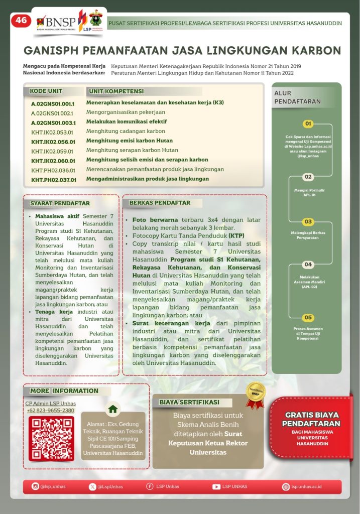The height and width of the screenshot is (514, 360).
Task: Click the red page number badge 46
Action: coord(21,21)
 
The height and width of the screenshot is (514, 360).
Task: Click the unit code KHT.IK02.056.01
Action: coord(53,142)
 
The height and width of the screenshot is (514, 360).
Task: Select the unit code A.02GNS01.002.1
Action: coord(52,113)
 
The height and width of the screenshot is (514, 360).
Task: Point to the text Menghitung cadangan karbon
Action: coord(126,132)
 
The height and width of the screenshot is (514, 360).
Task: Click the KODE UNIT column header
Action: coord(46,91)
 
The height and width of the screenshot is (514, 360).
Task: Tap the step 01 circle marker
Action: coord(308,123)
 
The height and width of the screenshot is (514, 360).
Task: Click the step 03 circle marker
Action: coord(308,221)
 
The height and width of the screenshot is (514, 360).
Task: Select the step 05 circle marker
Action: coord(308,317)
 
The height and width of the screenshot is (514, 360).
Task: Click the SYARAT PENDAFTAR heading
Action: coord(60,203)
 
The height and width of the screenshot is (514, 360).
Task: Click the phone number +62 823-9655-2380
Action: coord(50,411)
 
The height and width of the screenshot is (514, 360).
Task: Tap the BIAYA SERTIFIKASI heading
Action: coord(189,402)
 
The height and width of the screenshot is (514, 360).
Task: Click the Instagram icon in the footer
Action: coord(35,486)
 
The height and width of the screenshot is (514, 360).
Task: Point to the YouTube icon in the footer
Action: coord(216,486)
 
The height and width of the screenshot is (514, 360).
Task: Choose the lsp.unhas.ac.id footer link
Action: coord(306,486)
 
